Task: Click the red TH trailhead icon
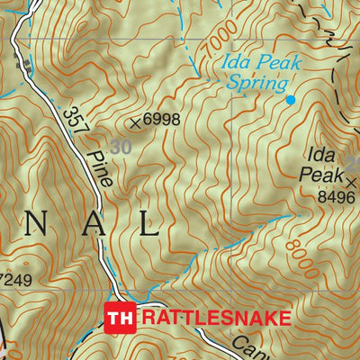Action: pos(121,318)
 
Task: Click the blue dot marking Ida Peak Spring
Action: pos(290,98)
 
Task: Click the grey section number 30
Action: pos(119,145)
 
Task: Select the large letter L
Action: pos(148,225)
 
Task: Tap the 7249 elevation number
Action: pos(15,280)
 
